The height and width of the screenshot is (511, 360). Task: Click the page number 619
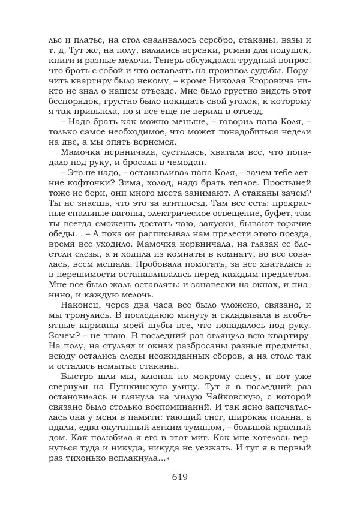pos(179,477)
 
